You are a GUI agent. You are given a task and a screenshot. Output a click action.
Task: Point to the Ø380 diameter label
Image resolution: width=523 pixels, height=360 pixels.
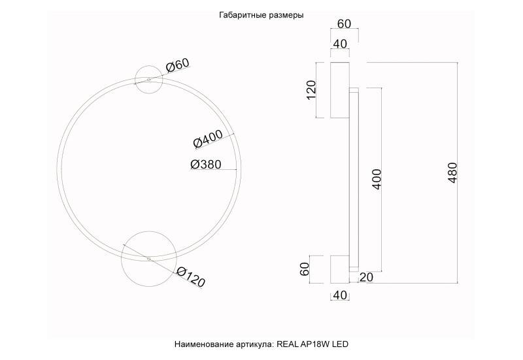tap(206, 165)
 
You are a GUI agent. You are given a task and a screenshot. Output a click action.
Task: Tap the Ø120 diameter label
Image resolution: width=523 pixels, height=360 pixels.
tap(190, 278)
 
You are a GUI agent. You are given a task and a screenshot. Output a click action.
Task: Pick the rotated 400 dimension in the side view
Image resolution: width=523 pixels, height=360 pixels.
tap(377, 178)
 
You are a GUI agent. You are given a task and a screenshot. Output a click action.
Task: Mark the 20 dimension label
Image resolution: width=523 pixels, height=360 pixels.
tap(366, 278)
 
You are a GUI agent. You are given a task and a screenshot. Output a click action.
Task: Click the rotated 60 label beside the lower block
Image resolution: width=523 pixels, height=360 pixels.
tap(305, 269)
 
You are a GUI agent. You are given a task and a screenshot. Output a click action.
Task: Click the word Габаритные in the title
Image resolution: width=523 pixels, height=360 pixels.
tap(243, 15)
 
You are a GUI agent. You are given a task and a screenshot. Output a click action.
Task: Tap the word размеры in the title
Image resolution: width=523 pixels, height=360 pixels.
tap(286, 15)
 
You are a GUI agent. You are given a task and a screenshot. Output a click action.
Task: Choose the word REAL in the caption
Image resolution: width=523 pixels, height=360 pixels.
tap(288, 344)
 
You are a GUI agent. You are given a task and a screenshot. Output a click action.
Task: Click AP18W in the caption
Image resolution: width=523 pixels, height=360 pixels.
tap(316, 344)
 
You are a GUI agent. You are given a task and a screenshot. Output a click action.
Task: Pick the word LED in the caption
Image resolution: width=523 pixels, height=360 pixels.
tap(343, 344)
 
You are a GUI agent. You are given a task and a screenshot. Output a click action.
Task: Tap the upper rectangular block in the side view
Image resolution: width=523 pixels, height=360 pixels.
tap(339, 90)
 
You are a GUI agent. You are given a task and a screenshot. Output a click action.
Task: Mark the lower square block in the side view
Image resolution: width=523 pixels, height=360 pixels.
tap(339, 269)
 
